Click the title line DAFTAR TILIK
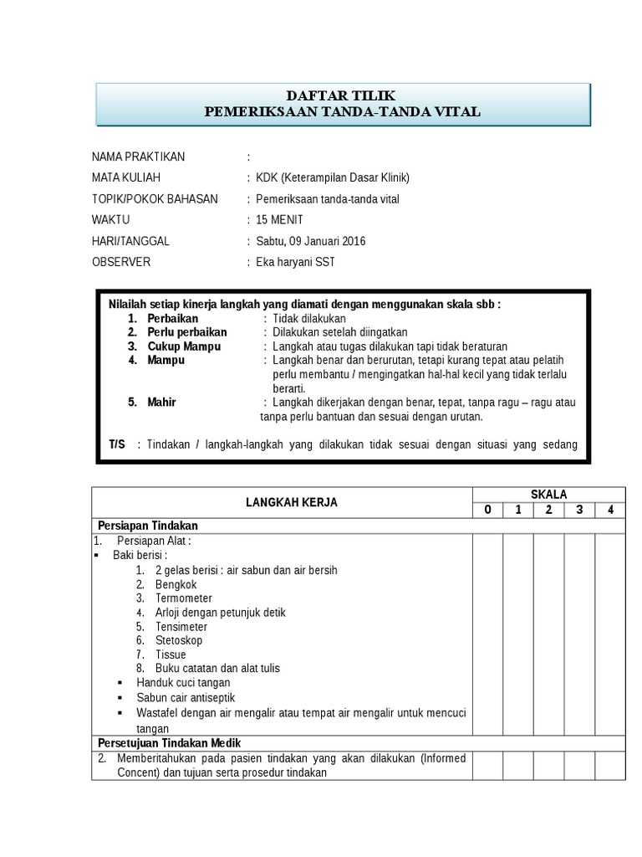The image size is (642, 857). pyautogui.click(x=343, y=96)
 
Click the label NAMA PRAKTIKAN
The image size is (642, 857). pyautogui.click(x=138, y=157)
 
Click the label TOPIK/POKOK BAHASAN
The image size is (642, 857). pyautogui.click(x=155, y=199)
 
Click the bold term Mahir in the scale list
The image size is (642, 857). pyautogui.click(x=162, y=403)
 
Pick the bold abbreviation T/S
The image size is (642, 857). pyautogui.click(x=116, y=444)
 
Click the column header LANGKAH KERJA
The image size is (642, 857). pyautogui.click(x=280, y=502)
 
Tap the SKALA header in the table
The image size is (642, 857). pyautogui.click(x=548, y=495)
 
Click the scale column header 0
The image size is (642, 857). pyautogui.click(x=487, y=510)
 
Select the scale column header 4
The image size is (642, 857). pyautogui.click(x=609, y=510)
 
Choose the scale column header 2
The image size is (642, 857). pyautogui.click(x=548, y=510)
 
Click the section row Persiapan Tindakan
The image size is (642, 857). pyautogui.click(x=147, y=526)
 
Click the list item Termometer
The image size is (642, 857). pyautogui.click(x=183, y=598)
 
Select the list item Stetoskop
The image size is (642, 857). pyautogui.click(x=178, y=640)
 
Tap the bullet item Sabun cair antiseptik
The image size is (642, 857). pyautogui.click(x=186, y=697)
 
